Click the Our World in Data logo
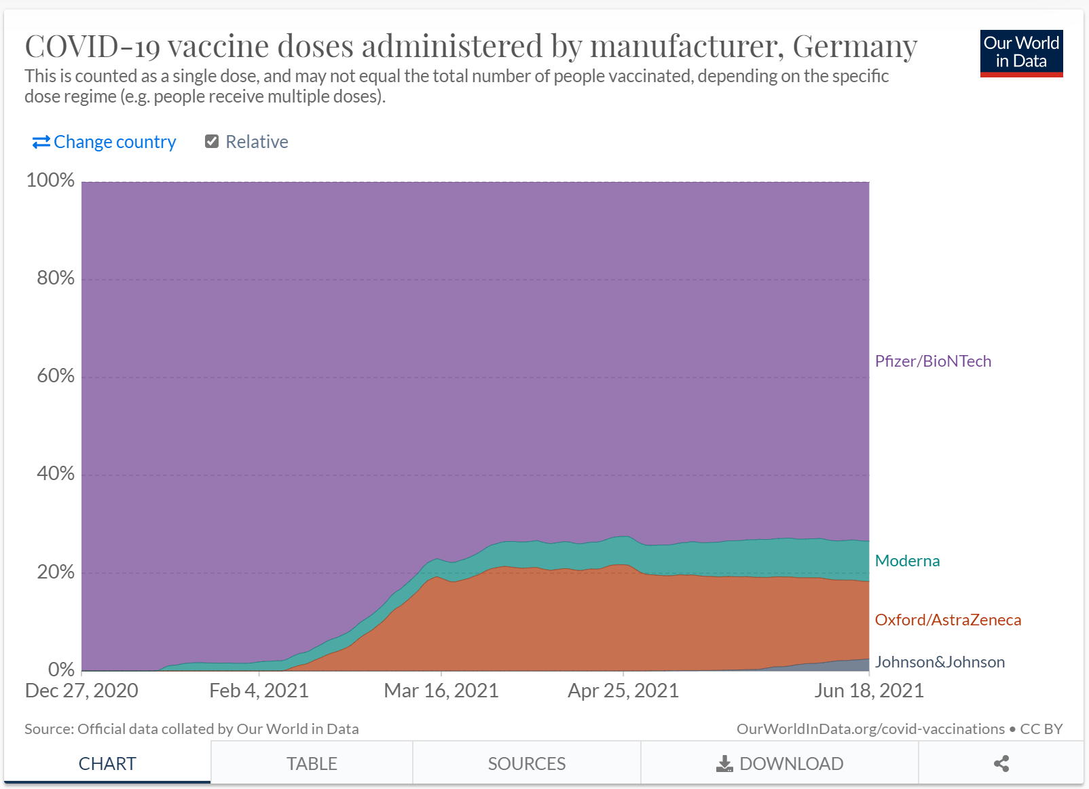[x=1021, y=53]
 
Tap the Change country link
[x=105, y=142]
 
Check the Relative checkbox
[x=212, y=141]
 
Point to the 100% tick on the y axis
[x=50, y=181]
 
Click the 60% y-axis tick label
[x=55, y=376]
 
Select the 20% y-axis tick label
[x=55, y=572]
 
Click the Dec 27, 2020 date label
[x=81, y=691]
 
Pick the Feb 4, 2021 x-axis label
[x=259, y=691]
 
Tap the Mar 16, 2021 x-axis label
[x=441, y=691]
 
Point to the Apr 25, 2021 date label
[x=623, y=691]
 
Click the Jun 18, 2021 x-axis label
[x=869, y=691]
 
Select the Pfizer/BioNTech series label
[x=933, y=361]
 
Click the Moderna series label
[x=907, y=561]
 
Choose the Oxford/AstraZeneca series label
[x=948, y=620]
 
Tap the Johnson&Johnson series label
[x=940, y=662]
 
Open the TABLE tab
[x=312, y=764]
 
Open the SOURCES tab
[x=527, y=764]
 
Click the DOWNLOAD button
[x=779, y=764]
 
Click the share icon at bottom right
[x=1001, y=764]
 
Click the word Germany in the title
[x=855, y=46]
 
